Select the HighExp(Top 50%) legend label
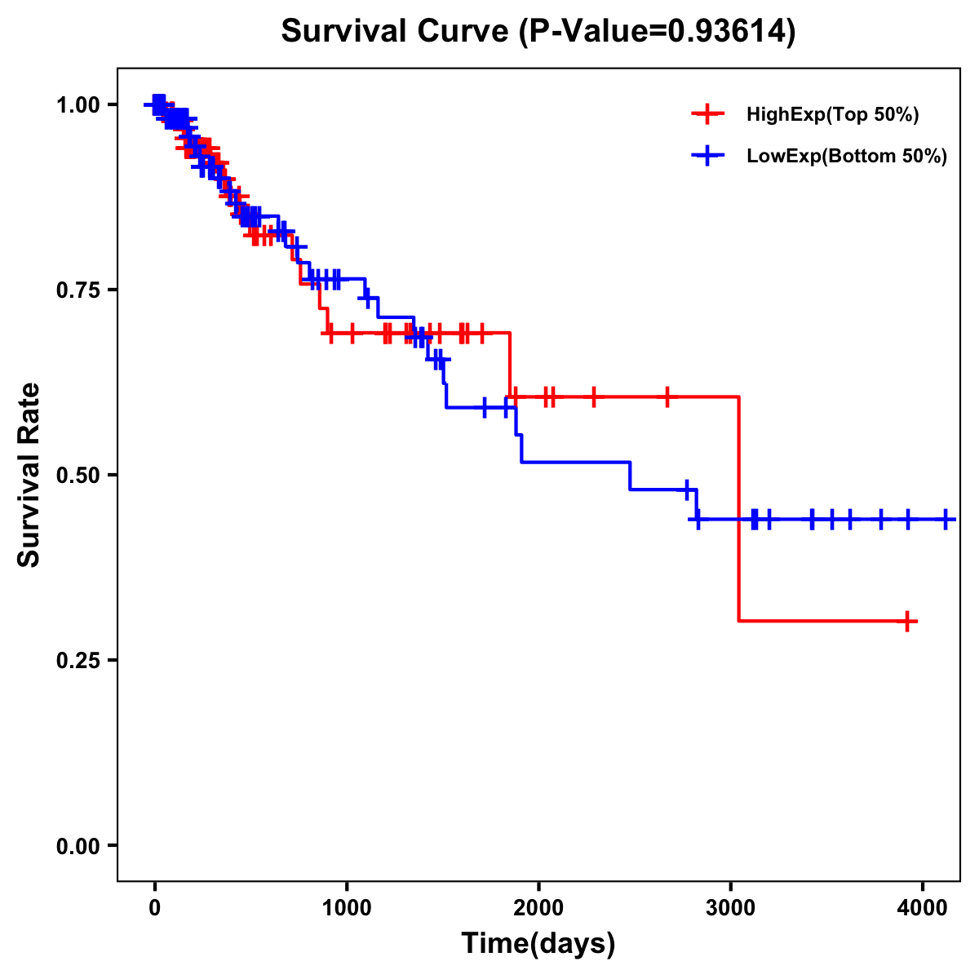tap(832, 115)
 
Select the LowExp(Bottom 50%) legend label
tap(847, 156)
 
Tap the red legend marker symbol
tap(708, 114)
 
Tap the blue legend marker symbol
tap(708, 155)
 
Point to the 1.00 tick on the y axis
tap(78, 104)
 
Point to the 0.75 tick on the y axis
tap(78, 290)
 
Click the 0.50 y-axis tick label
tap(78, 475)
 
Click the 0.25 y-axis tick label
tap(78, 660)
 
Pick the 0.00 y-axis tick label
tap(78, 845)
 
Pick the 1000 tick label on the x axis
tap(347, 908)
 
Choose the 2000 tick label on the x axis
tap(538, 908)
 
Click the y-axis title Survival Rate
tap(30, 475)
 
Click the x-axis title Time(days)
tap(538, 944)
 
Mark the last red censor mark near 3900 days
tap(907, 622)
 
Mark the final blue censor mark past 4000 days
tap(946, 519)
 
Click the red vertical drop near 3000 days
tap(738, 510)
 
